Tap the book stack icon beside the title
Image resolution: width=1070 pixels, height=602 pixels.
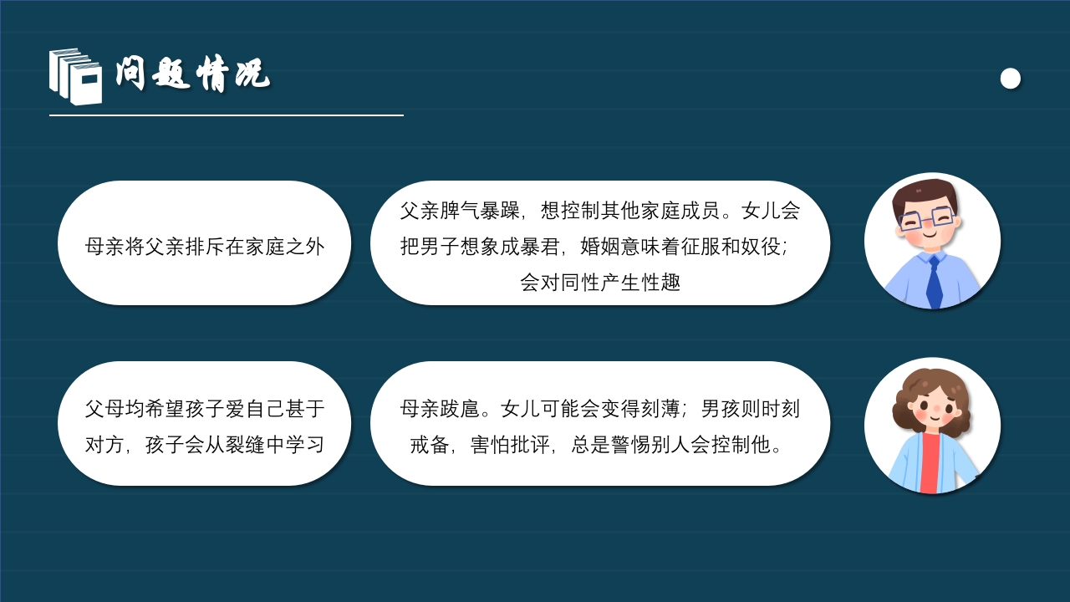point(75,76)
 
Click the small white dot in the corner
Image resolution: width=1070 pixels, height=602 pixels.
point(1011,79)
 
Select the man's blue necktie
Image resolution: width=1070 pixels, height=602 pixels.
point(934,281)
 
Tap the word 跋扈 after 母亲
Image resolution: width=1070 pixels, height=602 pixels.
point(460,409)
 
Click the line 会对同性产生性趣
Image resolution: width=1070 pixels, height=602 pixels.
point(600,283)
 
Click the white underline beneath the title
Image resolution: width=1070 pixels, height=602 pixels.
point(226,115)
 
